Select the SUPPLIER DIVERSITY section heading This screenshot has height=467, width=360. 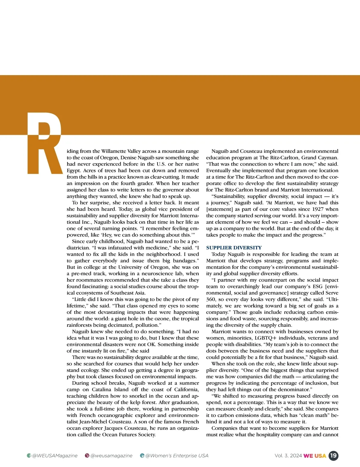click(x=234, y=248)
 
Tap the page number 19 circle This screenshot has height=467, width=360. click(x=333, y=456)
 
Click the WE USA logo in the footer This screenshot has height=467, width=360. click(x=315, y=456)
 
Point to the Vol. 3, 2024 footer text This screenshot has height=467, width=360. click(x=288, y=456)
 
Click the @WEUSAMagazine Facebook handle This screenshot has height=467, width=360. click(x=55, y=456)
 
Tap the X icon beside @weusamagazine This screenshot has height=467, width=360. click(x=87, y=456)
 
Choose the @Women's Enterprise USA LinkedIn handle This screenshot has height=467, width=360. click(x=177, y=456)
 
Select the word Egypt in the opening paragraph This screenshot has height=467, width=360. click(x=73, y=171)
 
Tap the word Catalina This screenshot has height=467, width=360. click(x=103, y=390)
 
